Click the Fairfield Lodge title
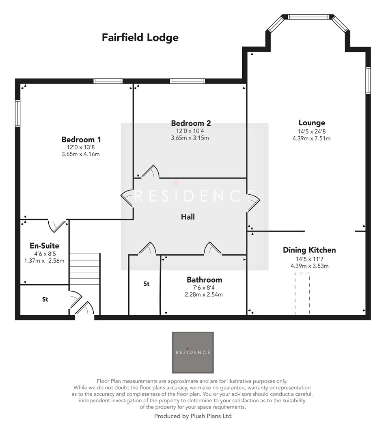click(140, 38)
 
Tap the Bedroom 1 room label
click(81, 140)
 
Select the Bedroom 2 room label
click(191, 123)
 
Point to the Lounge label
click(312, 123)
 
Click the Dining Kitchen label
click(309, 250)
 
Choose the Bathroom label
click(204, 280)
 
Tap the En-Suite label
click(44, 246)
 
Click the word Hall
click(188, 217)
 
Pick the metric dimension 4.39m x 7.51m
click(312, 138)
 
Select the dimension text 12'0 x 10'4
click(190, 131)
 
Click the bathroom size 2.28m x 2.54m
click(204, 294)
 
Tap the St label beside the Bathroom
click(146, 284)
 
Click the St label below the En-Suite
click(45, 300)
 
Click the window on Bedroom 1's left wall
click(18, 113)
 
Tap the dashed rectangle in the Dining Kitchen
click(302, 293)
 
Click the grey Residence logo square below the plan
click(193, 352)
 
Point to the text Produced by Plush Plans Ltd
click(193, 416)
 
